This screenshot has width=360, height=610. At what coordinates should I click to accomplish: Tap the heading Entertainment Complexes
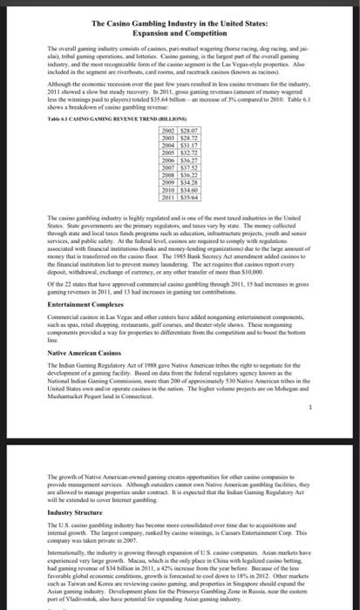pyautogui.click(x=74, y=306)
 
